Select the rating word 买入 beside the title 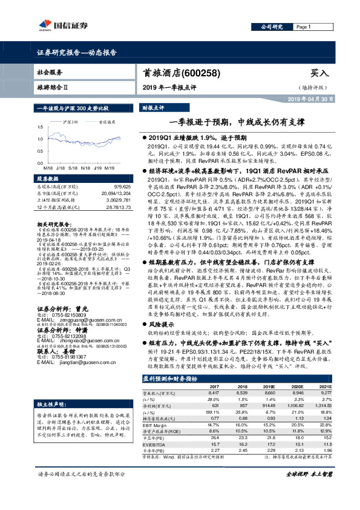point(319,73)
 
